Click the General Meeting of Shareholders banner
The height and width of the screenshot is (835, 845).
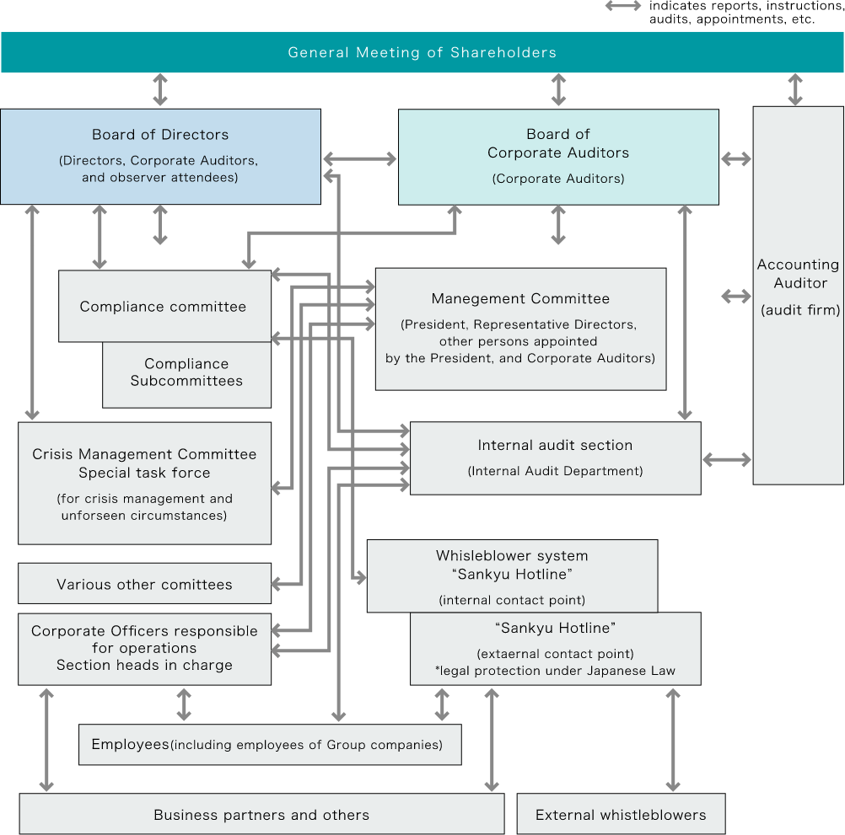click(422, 52)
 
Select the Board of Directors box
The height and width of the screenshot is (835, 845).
click(160, 157)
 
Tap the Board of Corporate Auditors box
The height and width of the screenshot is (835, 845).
click(558, 158)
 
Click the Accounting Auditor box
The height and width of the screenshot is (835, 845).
click(798, 296)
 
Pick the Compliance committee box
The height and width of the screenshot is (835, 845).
click(165, 307)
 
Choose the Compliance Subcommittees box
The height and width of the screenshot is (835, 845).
click(186, 375)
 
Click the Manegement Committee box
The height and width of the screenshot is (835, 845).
click(520, 329)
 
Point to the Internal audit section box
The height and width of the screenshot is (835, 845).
click(556, 458)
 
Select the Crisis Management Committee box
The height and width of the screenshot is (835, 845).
click(144, 484)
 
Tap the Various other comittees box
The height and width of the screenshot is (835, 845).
click(144, 584)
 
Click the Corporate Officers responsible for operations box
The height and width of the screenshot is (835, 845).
click(144, 650)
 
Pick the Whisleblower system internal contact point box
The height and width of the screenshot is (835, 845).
click(513, 576)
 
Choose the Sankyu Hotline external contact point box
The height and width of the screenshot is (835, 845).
click(556, 650)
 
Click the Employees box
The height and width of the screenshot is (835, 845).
click(270, 745)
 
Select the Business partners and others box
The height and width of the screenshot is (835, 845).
click(262, 814)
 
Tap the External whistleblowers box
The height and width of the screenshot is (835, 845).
click(622, 814)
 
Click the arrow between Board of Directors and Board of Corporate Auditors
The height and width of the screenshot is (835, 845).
click(360, 158)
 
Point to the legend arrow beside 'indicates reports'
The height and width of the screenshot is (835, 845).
click(623, 7)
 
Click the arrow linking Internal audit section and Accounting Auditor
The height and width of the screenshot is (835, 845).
click(727, 460)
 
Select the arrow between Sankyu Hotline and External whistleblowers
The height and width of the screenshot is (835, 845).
click(673, 741)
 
